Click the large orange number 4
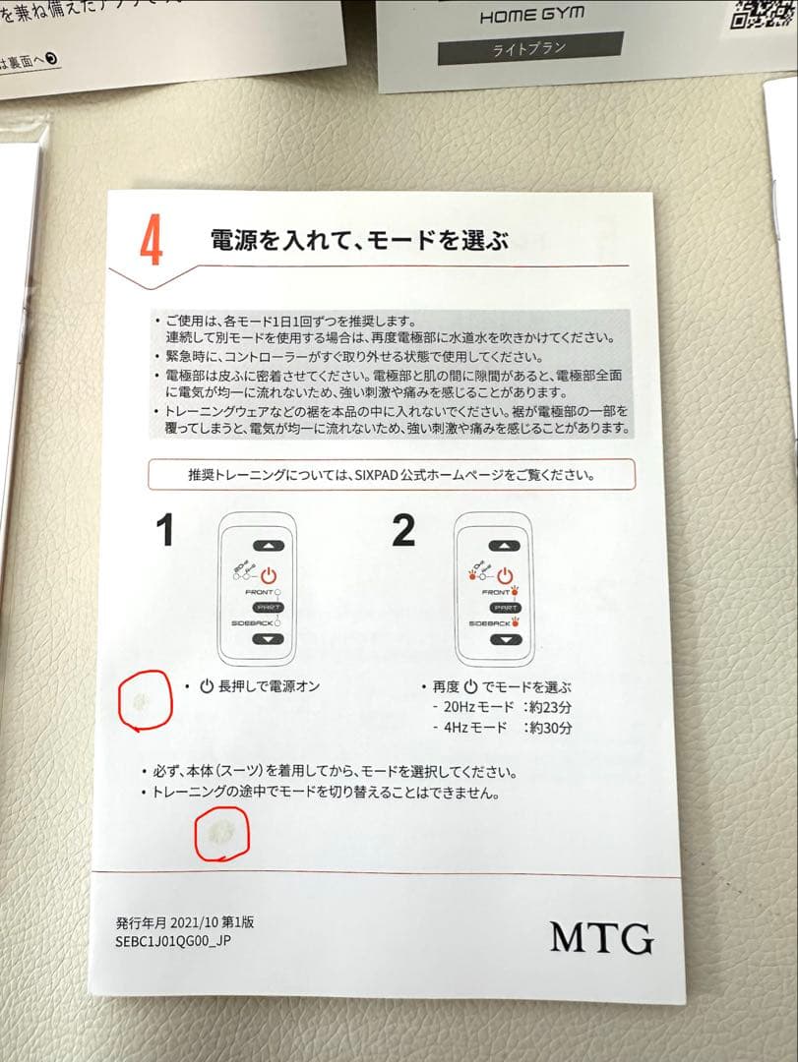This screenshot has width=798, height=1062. pyautogui.click(x=151, y=243)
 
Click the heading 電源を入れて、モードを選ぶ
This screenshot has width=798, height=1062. pyautogui.click(x=358, y=240)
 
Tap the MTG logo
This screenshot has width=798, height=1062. pyautogui.click(x=601, y=936)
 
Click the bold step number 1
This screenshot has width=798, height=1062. pyautogui.click(x=165, y=531)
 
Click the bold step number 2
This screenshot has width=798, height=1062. pyautogui.click(x=404, y=531)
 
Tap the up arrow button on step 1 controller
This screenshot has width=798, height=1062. pyautogui.click(x=267, y=546)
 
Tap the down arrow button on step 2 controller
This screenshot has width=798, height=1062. pyautogui.click(x=505, y=639)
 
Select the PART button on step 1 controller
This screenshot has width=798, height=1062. pyautogui.click(x=267, y=608)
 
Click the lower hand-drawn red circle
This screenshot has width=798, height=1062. pyautogui.click(x=221, y=834)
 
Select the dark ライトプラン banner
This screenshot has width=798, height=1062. pyautogui.click(x=529, y=47)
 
